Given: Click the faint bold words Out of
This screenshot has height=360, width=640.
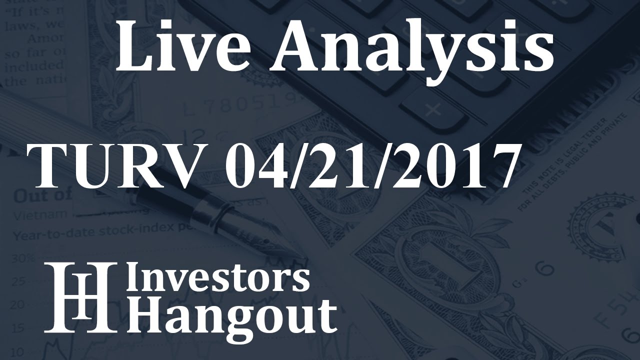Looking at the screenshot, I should (x=42, y=195).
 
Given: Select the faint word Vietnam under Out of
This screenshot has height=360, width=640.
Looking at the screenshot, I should (x=33, y=215).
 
